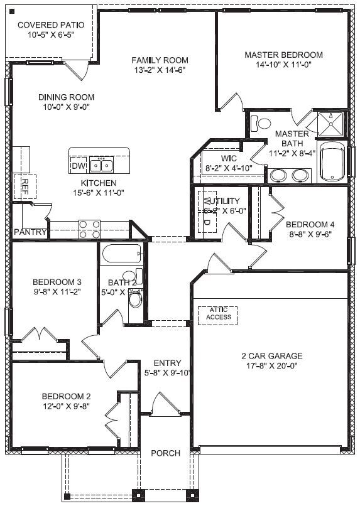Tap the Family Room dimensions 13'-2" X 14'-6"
click(x=160, y=70)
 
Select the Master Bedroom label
click(x=284, y=55)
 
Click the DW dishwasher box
click(x=79, y=166)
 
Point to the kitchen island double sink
click(x=101, y=166)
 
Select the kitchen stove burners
click(x=89, y=229)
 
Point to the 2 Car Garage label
click(x=271, y=356)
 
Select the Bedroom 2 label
click(x=67, y=396)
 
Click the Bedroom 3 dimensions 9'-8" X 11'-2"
click(x=57, y=291)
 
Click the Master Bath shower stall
click(x=330, y=124)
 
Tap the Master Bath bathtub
click(x=333, y=162)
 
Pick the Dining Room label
click(x=66, y=97)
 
